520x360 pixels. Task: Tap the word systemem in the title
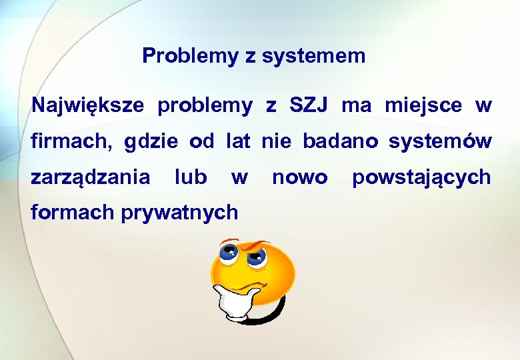point(313,56)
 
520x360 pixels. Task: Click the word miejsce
point(423,105)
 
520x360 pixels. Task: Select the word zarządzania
point(91,178)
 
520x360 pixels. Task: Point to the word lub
point(191,177)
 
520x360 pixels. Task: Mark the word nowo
point(300,178)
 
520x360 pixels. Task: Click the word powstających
point(421,178)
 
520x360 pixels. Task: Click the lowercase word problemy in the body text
point(205,105)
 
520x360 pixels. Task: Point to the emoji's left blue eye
point(229,251)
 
